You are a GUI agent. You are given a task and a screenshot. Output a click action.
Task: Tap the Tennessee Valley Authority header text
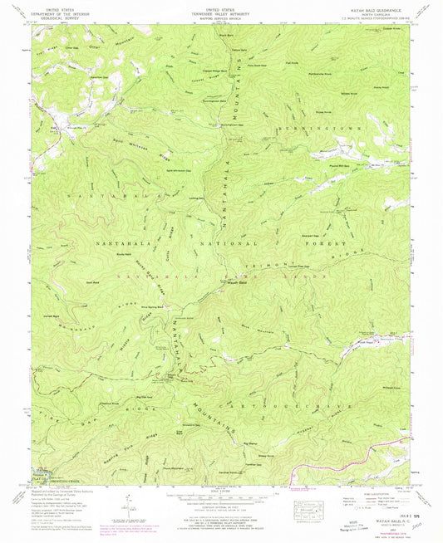220,13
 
